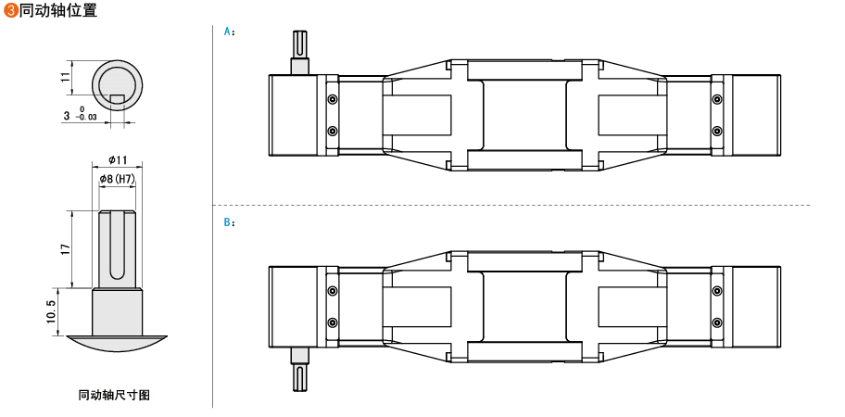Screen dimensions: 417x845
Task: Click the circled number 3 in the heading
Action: point(11,10)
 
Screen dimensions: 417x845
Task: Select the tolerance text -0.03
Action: point(88,119)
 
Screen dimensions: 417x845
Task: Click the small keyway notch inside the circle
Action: point(118,99)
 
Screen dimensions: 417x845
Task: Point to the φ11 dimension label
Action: point(118,160)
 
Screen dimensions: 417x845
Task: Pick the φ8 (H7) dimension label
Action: point(118,178)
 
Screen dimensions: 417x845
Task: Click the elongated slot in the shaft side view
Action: point(118,246)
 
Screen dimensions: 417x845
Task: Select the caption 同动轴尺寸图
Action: point(114,395)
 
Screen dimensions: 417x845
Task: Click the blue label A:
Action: point(230,31)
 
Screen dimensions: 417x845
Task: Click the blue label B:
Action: point(230,222)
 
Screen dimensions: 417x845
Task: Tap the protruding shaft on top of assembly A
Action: point(300,50)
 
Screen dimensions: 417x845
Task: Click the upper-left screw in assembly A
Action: point(333,99)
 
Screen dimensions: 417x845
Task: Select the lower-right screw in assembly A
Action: point(717,131)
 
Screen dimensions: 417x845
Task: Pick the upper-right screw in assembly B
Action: point(717,291)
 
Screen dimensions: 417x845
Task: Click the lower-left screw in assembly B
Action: point(333,322)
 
